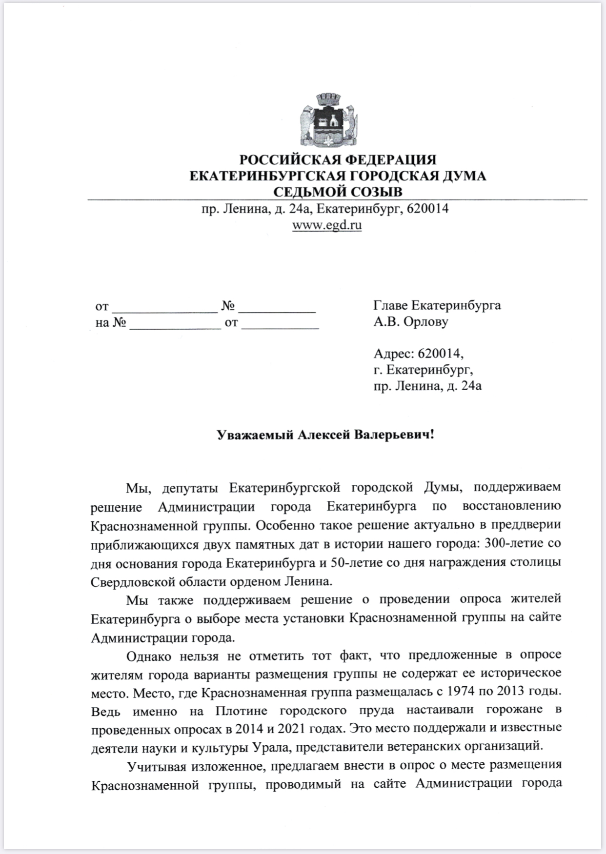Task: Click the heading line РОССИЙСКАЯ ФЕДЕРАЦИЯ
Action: tap(338, 159)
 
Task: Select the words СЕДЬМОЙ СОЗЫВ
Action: tap(338, 192)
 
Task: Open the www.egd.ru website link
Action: tap(327, 225)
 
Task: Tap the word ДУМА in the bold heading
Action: tap(464, 176)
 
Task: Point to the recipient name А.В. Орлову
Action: tap(410, 321)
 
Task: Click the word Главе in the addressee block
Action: tap(390, 305)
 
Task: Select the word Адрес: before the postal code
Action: tap(391, 353)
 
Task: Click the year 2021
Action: tap(294, 729)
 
